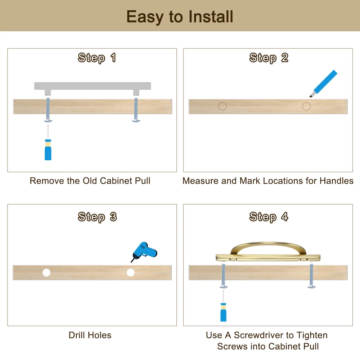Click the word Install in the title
[211, 17]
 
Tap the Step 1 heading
[96, 58]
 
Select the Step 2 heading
[269, 58]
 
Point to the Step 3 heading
[97, 217]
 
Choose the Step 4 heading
[269, 217]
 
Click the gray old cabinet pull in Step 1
[93, 86]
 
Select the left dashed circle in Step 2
[222, 106]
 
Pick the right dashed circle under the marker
[306, 106]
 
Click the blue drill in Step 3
[144, 251]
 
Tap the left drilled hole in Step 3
[46, 273]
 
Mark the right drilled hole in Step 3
[131, 273]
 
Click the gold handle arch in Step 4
[268, 246]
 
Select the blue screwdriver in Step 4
[224, 306]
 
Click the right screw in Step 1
[136, 110]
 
